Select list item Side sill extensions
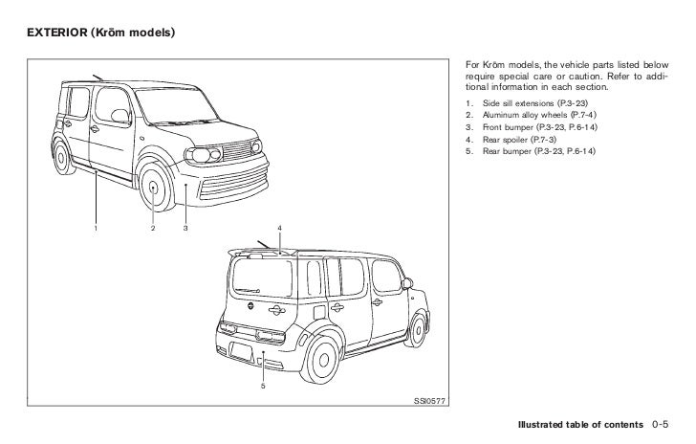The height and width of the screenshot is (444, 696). pyautogui.click(x=522, y=100)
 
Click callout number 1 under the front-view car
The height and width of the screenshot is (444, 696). pyautogui.click(x=97, y=228)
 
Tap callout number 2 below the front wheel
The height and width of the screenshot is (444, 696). pyautogui.click(x=153, y=228)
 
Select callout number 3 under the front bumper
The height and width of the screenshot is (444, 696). pyautogui.click(x=185, y=228)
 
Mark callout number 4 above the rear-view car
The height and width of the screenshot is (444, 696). pyautogui.click(x=279, y=226)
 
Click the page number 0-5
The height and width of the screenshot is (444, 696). pyautogui.click(x=667, y=423)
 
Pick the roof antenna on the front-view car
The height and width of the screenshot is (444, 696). pyautogui.click(x=98, y=76)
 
